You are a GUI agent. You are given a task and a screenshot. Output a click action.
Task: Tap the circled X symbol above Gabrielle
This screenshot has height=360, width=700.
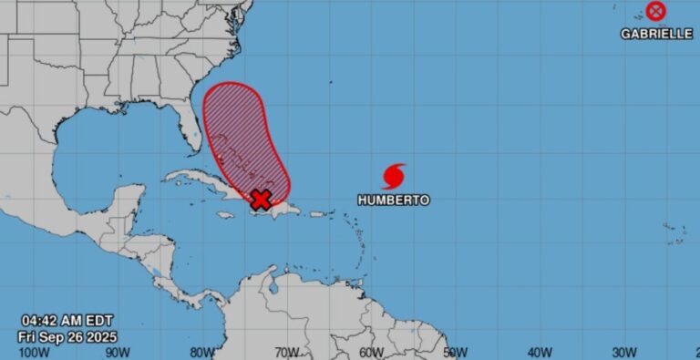pos(655,11)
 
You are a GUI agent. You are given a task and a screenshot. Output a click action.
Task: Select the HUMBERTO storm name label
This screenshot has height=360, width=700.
pos(393,200)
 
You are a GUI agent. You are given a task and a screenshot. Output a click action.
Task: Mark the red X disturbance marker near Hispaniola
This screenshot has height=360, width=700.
pos(262,200)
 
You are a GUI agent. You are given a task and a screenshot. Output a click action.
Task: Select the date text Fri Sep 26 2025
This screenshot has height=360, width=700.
pos(67,335)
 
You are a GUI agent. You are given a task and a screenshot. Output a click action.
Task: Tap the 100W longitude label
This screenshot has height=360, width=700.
pos(34,352)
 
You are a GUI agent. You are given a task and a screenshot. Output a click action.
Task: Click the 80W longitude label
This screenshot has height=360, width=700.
pos(202,352)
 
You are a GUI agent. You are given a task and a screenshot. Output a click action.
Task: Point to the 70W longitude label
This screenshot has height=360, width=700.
pos(286,352)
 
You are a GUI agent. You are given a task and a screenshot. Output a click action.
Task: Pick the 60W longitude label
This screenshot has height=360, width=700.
pos(371,352)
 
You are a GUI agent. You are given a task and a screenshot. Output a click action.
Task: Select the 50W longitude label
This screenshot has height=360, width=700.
pos(455,352)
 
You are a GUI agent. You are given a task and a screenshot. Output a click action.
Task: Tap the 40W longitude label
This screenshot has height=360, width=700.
pos(540,352)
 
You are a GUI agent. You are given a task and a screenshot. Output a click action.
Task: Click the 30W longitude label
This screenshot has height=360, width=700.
pos(623,352)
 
